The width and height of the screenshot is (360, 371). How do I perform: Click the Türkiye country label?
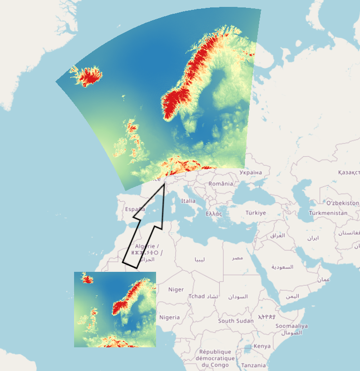click(x=256, y=213)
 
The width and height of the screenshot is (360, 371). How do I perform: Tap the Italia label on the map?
click(x=188, y=201)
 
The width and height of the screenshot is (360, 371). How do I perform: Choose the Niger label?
click(x=176, y=290)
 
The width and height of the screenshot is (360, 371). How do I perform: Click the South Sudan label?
click(x=236, y=321)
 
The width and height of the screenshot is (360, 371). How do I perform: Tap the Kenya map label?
click(x=262, y=346)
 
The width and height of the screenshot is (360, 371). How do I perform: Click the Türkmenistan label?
click(x=328, y=213)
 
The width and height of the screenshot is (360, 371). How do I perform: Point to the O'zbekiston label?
click(x=343, y=203)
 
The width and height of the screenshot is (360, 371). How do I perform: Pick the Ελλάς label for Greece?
click(x=214, y=214)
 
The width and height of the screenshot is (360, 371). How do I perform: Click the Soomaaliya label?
click(x=291, y=326)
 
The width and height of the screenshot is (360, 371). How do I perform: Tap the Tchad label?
click(x=196, y=297)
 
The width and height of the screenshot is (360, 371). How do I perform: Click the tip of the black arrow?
click(x=164, y=185)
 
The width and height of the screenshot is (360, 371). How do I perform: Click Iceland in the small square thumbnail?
click(x=88, y=280)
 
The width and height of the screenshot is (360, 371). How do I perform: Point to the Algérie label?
click(x=147, y=246)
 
